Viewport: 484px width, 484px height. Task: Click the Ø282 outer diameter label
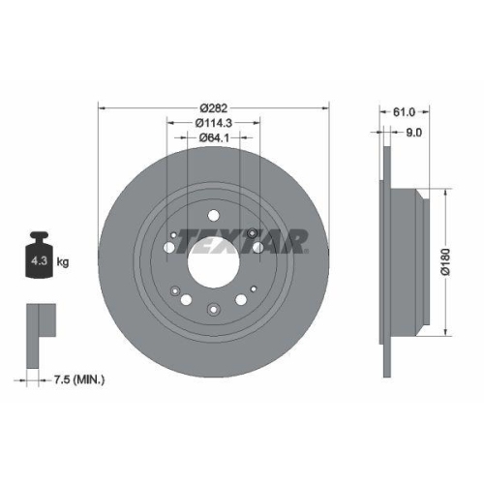(212, 106)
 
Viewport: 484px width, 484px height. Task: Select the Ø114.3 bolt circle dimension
(212, 122)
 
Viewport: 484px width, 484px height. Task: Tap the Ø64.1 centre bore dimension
(212, 137)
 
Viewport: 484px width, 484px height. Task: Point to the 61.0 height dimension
(392, 112)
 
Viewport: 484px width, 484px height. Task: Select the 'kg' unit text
(64, 261)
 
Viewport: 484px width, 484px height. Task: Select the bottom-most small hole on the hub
(213, 310)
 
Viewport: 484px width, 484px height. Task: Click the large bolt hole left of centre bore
(170, 250)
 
